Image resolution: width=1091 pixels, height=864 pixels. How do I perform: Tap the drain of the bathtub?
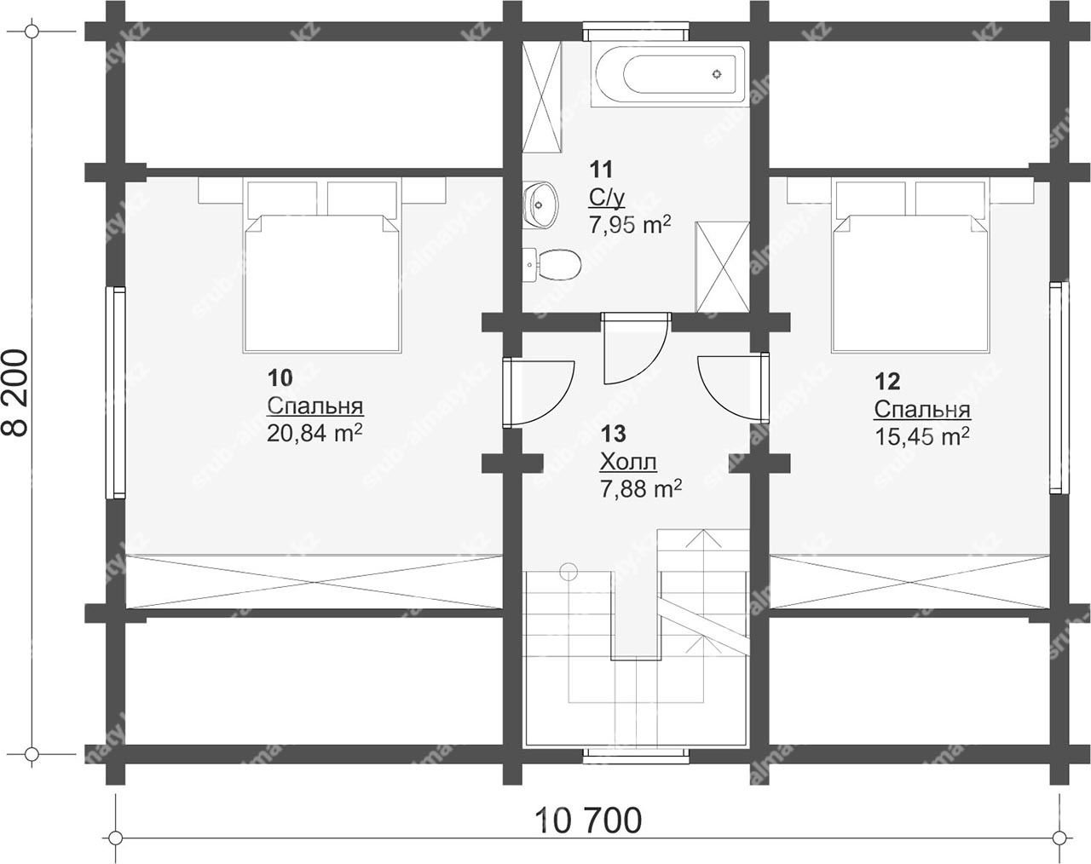717,74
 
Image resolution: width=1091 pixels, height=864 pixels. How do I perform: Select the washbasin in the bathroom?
540,205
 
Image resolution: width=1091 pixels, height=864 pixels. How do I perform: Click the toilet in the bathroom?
551,264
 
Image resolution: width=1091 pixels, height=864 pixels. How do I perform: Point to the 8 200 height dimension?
18,393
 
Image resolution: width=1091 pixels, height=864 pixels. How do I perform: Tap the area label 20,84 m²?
315,433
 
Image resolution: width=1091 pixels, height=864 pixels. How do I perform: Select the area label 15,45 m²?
922,435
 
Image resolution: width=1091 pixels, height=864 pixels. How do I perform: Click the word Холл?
628,462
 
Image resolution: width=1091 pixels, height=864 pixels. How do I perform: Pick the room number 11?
601,170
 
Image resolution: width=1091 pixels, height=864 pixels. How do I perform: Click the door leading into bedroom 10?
537,392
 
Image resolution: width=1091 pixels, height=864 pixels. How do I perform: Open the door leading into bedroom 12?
734,387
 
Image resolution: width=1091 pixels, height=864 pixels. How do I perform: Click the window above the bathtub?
636,31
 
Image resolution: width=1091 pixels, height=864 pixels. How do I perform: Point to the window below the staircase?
636,757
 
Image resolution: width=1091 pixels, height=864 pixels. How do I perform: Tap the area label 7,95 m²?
630,224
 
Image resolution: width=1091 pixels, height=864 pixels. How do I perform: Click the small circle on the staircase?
569,572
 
